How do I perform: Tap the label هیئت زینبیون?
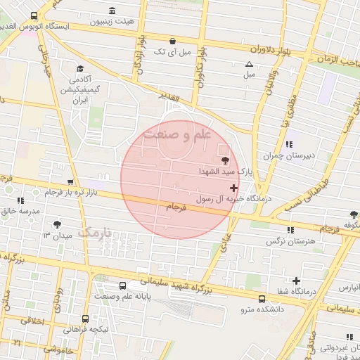113,21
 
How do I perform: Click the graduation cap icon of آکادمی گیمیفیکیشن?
81,69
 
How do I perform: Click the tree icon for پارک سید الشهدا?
225,161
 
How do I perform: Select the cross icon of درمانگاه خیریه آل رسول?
233,188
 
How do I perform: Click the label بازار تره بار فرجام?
73,192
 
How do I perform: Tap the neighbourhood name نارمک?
94,233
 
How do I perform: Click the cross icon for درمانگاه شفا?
296,281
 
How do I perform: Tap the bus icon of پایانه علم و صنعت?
124,286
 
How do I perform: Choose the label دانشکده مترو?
257,309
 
